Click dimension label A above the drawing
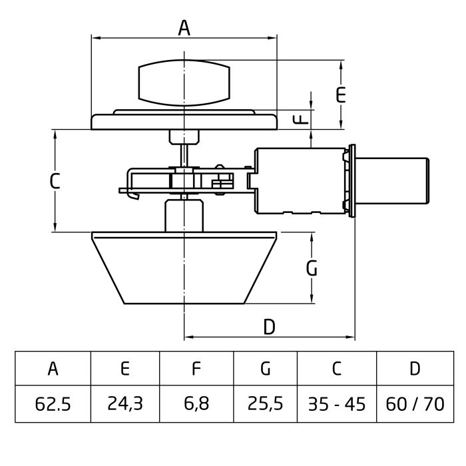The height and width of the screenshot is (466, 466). [184, 28]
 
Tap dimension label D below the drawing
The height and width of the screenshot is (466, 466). [269, 326]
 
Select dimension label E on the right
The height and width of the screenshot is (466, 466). [341, 95]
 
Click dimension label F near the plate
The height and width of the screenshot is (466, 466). [302, 118]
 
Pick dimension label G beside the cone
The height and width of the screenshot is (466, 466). [311, 268]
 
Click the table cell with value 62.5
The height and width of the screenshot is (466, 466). [53, 403]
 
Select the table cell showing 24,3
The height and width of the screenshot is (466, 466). [124, 403]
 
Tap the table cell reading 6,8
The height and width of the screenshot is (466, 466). [196, 403]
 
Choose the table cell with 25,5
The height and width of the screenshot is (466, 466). [265, 403]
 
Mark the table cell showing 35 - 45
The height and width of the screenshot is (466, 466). [336, 403]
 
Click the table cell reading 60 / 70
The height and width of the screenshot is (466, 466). [414, 403]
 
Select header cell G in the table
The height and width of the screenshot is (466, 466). [265, 368]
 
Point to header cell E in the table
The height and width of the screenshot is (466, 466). [124, 368]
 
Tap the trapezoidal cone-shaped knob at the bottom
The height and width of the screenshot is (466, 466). [184, 266]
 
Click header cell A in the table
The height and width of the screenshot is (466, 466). [53, 368]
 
